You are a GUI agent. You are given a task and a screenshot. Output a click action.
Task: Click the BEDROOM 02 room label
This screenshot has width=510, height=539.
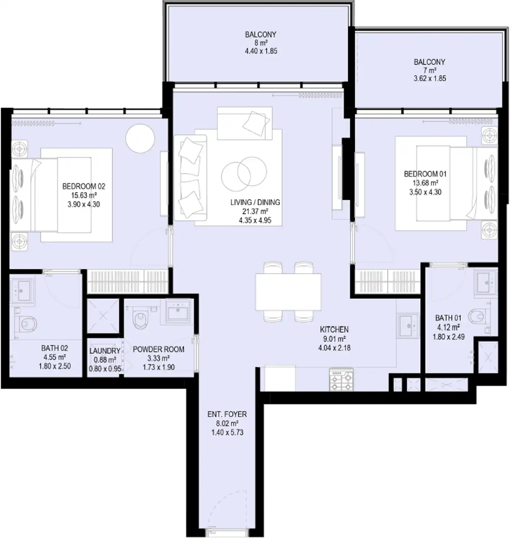tap(84, 186)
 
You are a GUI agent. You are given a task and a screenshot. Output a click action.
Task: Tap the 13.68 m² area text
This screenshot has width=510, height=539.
tap(425, 183)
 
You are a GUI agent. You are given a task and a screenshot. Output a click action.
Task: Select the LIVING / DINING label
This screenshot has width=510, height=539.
tap(255, 202)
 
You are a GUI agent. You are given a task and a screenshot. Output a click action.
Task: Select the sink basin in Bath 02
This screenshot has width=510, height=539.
tap(22, 290)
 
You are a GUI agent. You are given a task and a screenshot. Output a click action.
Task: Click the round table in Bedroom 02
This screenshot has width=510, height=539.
tap(140, 139)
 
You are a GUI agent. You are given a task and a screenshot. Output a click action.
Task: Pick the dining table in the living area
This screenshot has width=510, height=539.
tap(288, 292)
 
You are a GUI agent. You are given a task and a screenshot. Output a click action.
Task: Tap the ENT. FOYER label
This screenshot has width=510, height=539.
tap(227, 414)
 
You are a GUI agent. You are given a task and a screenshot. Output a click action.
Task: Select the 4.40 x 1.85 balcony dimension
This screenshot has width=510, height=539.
tap(261, 51)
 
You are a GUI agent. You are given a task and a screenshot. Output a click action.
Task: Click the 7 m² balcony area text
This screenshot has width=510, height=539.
tap(430, 70)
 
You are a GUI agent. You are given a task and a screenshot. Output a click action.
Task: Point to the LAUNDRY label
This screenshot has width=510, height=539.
tap(105, 351)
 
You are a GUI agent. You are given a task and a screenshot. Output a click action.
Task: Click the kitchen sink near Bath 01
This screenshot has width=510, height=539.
tap(408, 326)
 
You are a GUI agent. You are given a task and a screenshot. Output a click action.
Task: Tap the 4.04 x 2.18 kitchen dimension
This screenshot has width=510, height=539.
tap(334, 348)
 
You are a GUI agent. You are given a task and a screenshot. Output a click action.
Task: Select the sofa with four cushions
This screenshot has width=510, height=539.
tap(190, 178)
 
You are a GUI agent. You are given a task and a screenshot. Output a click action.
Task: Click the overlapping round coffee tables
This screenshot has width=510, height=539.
tap(244, 174)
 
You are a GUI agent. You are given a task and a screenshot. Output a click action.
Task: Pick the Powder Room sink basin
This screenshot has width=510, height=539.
tap(178, 311)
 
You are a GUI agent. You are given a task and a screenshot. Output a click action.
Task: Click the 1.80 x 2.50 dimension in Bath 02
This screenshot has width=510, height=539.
tap(55, 366)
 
